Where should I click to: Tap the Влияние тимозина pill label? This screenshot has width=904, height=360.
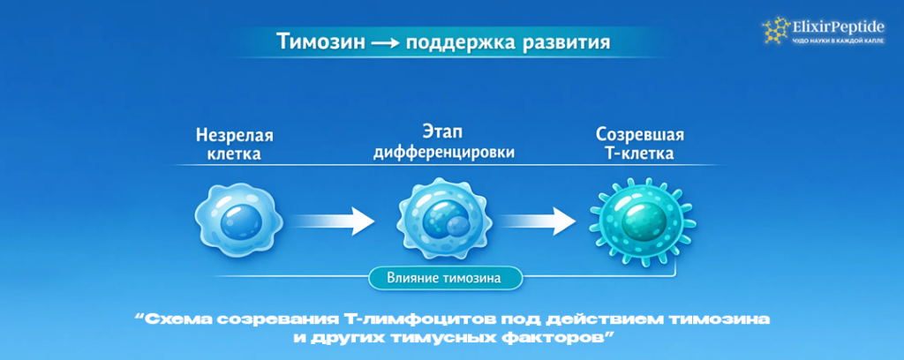[x=444, y=279]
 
